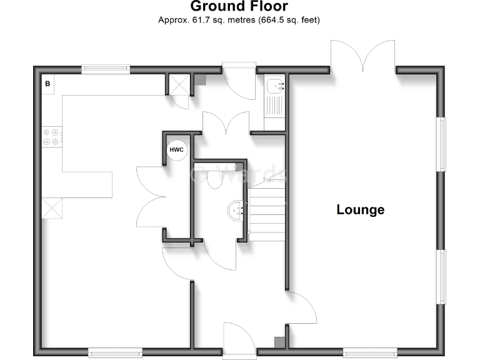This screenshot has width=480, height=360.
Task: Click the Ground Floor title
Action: point(239,7)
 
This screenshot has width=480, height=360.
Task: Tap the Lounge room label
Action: point(361,209)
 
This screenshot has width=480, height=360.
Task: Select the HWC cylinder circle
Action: point(177,150)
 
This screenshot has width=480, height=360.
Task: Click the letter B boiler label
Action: point(47,83)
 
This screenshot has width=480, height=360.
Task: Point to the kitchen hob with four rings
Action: point(51,137)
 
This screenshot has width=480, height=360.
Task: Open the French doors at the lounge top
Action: point(363,56)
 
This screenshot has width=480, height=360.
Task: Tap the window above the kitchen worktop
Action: point(106,70)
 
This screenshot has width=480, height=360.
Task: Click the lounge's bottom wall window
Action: point(370,351)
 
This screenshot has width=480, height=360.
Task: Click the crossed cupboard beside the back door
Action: point(180,84)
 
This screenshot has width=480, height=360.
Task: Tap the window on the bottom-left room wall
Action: point(115,351)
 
